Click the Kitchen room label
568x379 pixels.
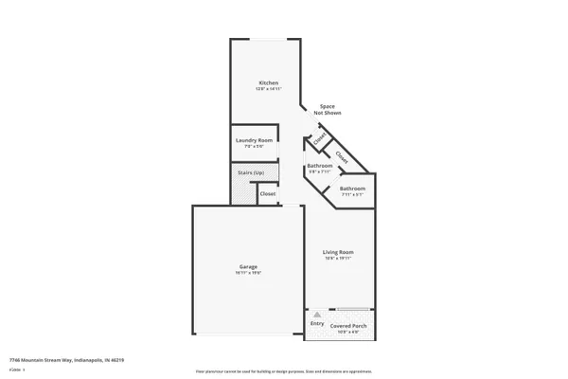pyautogui.click(x=268, y=83)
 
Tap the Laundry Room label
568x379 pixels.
pyautogui.click(x=253, y=140)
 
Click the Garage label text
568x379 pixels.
pyautogui.click(x=248, y=266)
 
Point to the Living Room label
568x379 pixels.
pyautogui.click(x=338, y=251)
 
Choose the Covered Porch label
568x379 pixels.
pyautogui.click(x=348, y=326)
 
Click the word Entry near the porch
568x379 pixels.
pyautogui.click(x=317, y=323)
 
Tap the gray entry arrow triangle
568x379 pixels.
pyautogui.click(x=317, y=314)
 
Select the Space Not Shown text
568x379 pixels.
pyautogui.click(x=327, y=109)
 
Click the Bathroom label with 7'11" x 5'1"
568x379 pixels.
pyautogui.click(x=352, y=189)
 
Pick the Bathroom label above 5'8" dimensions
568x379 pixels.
pyautogui.click(x=319, y=166)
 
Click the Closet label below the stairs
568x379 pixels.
pyautogui.click(x=268, y=193)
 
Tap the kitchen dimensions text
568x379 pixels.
pyautogui.click(x=268, y=89)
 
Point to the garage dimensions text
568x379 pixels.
pyautogui.click(x=248, y=272)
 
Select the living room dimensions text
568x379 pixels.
pyautogui.click(x=338, y=257)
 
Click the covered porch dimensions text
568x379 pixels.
pyautogui.click(x=348, y=332)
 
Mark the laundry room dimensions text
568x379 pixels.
pyautogui.click(x=253, y=146)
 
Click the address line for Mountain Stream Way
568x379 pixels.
pyautogui.click(x=66, y=360)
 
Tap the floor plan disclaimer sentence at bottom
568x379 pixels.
pyautogui.click(x=283, y=371)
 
